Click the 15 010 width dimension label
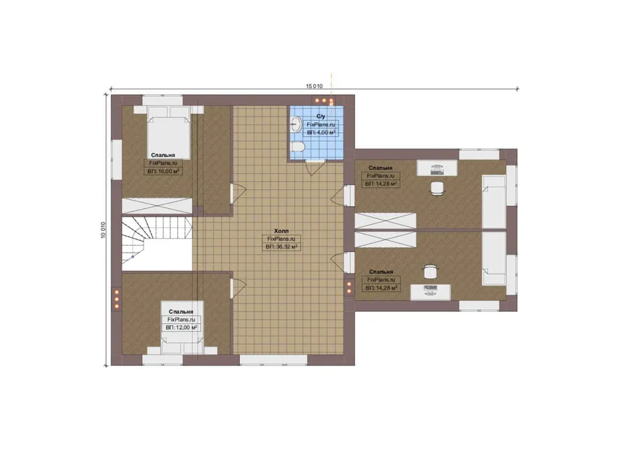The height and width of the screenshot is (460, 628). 315,86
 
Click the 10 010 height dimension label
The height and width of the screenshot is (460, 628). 103,230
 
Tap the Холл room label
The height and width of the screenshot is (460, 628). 281,231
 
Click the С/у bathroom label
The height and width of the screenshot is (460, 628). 321,116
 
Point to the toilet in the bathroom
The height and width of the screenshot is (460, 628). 297,147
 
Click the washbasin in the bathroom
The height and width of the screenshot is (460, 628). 297,124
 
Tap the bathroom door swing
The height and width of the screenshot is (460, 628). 315,168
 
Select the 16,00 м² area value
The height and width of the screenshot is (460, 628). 168,171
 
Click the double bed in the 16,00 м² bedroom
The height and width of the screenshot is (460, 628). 169,131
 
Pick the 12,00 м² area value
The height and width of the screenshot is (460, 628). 186,327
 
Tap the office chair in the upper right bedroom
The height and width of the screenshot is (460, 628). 438,188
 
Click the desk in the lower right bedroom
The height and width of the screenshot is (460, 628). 431,292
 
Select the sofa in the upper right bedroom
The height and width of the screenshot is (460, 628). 494,201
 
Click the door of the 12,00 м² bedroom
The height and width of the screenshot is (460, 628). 238,288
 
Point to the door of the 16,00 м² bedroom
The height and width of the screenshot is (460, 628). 238,193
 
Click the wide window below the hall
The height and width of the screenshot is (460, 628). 274,359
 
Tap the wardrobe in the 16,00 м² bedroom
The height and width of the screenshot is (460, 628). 157,206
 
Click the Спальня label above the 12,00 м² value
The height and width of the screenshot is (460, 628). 181,311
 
